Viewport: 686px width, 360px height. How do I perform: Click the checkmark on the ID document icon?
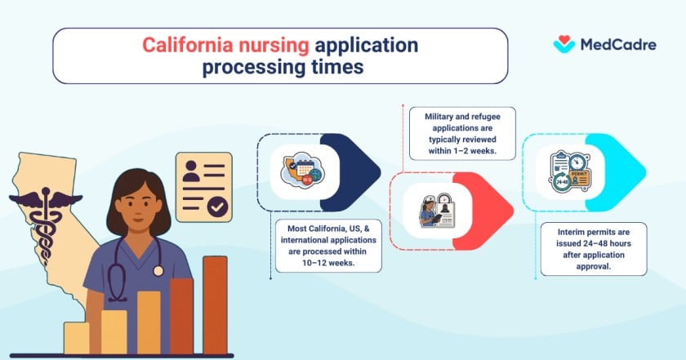point(217,207)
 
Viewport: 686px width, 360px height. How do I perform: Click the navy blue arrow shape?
point(349,171)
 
